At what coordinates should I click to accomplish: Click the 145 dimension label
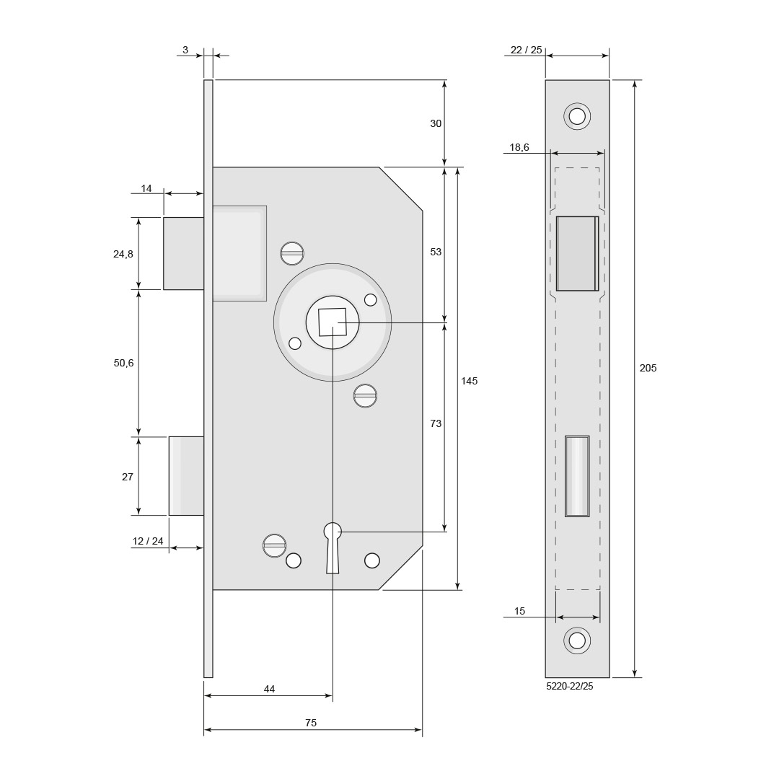[x=469, y=381]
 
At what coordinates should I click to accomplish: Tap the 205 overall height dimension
[x=648, y=368]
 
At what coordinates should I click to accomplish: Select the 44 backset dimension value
[x=269, y=689]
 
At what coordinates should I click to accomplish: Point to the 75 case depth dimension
[x=311, y=723]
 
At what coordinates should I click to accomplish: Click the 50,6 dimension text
[x=124, y=363]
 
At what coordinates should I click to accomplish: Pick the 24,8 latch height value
[x=123, y=255]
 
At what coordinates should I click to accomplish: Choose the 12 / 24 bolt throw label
[x=148, y=541]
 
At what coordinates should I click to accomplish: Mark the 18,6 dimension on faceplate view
[x=519, y=148]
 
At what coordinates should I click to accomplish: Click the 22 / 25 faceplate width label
[x=527, y=50]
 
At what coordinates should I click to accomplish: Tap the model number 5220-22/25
[x=569, y=687]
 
